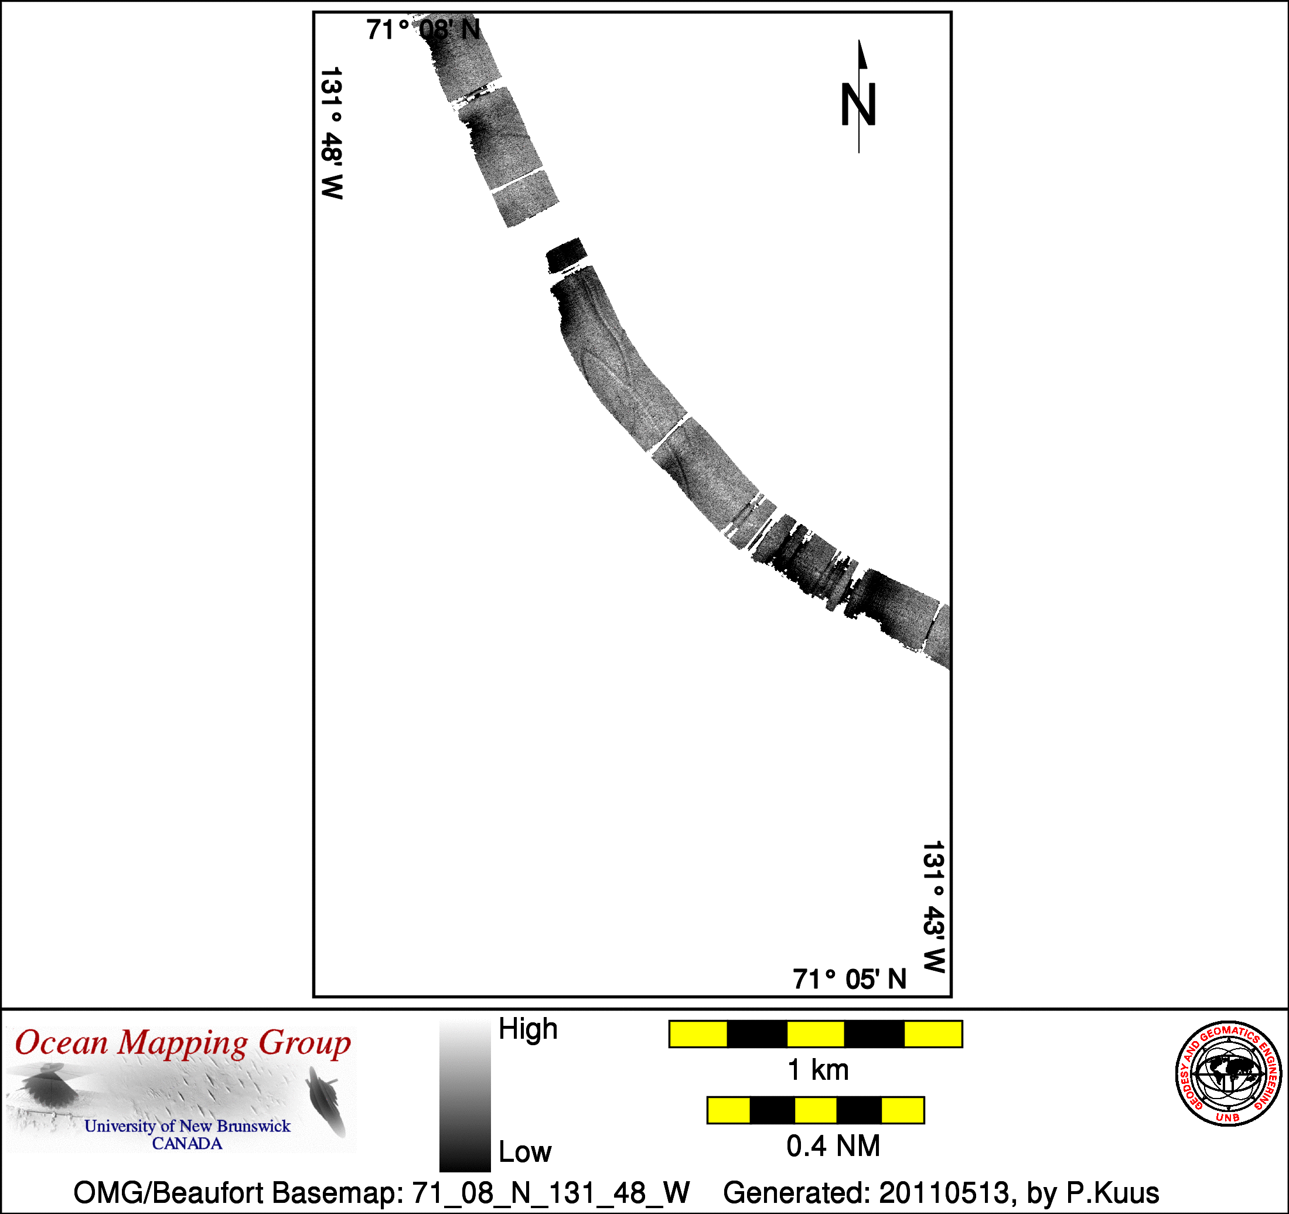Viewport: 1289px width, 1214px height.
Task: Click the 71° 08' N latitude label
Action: click(x=423, y=30)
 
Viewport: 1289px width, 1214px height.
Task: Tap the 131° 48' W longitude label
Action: click(x=331, y=133)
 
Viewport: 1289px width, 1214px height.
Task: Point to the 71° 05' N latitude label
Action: click(x=850, y=979)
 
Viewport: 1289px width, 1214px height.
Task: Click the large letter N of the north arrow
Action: click(x=858, y=104)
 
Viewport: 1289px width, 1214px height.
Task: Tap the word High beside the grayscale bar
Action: click(x=528, y=1030)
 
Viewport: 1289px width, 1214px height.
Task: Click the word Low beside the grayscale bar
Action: click(x=524, y=1152)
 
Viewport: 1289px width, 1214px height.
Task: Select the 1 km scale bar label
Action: click(x=817, y=1069)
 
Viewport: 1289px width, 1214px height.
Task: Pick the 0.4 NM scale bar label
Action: click(x=833, y=1146)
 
